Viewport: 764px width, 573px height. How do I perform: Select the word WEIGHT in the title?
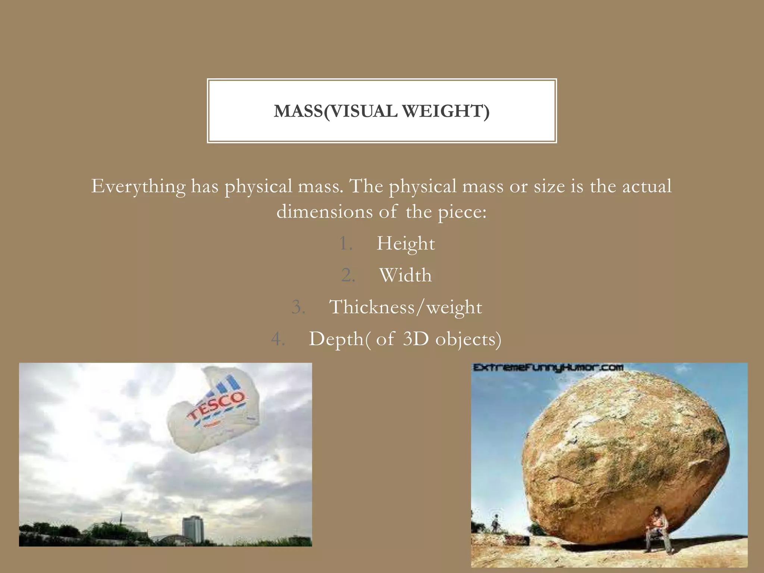[x=444, y=111]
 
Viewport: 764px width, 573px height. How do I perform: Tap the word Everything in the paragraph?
[x=138, y=186]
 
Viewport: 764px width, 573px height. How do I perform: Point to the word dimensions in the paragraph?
[x=324, y=212]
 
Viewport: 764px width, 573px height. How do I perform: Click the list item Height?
[x=406, y=244]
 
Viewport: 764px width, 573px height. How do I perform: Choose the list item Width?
[x=406, y=275]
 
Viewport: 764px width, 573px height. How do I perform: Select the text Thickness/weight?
[x=406, y=307]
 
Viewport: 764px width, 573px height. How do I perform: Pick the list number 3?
[x=298, y=307]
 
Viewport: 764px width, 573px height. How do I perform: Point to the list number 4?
[x=278, y=339]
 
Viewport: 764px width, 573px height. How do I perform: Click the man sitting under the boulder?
[x=657, y=530]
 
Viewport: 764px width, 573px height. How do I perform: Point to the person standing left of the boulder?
[x=496, y=523]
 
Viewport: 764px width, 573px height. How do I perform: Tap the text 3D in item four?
[x=416, y=339]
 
